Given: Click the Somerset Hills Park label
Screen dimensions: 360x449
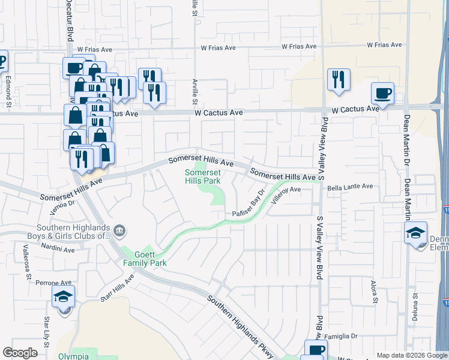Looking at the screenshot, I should click(x=202, y=176).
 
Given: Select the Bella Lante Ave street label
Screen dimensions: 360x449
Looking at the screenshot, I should click(x=351, y=187).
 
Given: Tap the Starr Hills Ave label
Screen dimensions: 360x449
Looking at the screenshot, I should click(x=116, y=289).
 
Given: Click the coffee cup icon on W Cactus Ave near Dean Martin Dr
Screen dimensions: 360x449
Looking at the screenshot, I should click(x=382, y=93).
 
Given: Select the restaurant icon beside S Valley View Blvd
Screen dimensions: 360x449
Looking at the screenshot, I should click(x=339, y=79).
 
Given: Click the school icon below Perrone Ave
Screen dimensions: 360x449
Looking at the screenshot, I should click(x=63, y=297).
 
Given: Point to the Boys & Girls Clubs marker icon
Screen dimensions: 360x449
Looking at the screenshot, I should click(x=119, y=230).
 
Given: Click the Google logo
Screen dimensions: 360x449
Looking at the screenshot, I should click(x=20, y=353).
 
